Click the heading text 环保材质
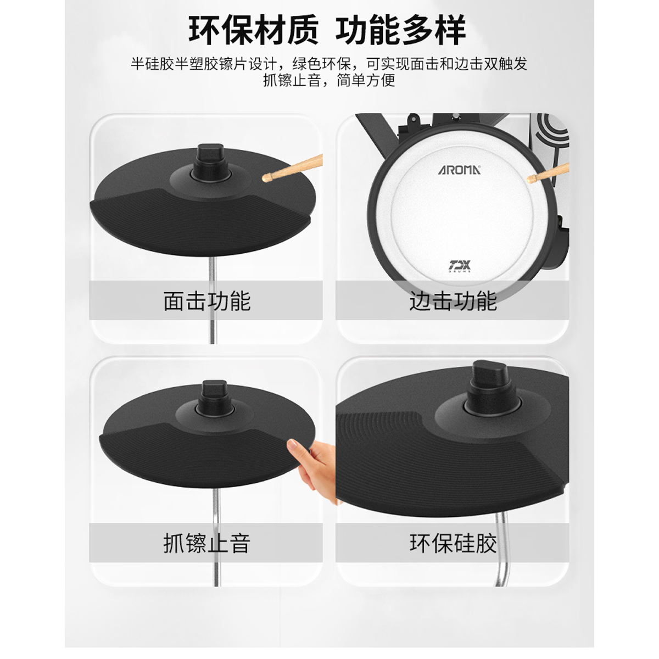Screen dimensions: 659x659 [254, 30]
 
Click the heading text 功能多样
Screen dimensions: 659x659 [400, 30]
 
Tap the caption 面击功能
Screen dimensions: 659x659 [207, 301]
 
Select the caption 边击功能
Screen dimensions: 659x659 [453, 301]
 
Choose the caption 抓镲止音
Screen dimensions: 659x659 [207, 543]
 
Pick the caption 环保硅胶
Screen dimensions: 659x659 [453, 543]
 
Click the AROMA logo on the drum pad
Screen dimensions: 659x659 [459, 170]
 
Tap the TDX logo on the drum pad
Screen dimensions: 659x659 [460, 266]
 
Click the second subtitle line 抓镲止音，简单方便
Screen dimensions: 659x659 [329, 80]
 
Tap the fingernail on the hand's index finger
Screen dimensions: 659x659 [292, 445]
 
